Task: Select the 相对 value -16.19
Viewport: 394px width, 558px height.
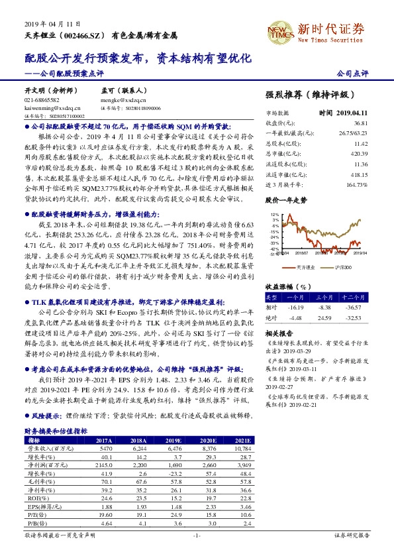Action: tap(295, 307)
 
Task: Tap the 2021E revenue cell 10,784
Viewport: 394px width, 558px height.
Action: tap(243, 449)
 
